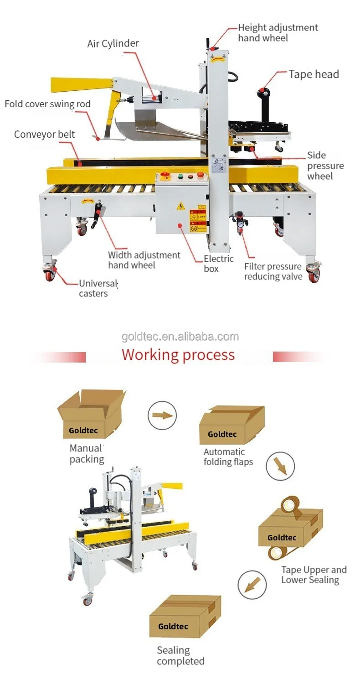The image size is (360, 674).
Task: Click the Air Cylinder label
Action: click(x=113, y=44)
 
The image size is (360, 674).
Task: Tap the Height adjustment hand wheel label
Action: click(x=278, y=32)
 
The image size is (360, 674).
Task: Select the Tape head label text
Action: click(x=314, y=74)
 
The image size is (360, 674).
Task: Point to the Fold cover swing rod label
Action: click(x=47, y=104)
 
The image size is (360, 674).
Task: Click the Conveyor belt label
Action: click(x=44, y=134)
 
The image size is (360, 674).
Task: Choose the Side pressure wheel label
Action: click(x=325, y=166)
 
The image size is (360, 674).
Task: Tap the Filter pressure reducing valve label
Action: click(x=273, y=271)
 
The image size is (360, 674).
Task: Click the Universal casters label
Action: click(x=98, y=288)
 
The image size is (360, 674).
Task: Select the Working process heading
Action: click(x=178, y=355)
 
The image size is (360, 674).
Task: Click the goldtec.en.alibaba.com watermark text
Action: click(x=180, y=337)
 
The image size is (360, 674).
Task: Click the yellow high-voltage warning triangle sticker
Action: click(x=181, y=206)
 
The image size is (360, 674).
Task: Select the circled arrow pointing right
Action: click(x=162, y=415)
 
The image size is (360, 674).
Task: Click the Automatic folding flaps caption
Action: click(x=228, y=457)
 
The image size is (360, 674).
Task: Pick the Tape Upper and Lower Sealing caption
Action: click(x=314, y=575)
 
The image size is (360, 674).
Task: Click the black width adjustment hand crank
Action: click(x=97, y=216)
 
